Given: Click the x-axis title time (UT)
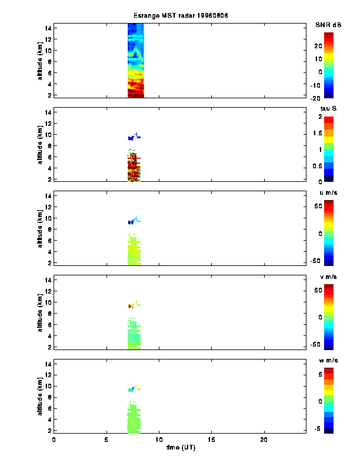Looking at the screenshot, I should (x=180, y=448).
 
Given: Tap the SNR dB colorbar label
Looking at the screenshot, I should (x=328, y=25).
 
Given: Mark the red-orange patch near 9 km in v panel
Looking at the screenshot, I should (x=130, y=306).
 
